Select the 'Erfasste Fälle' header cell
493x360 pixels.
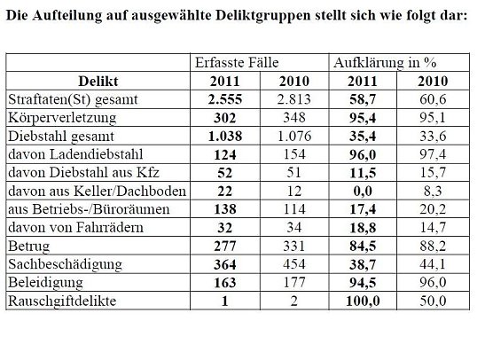[x=235, y=64]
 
